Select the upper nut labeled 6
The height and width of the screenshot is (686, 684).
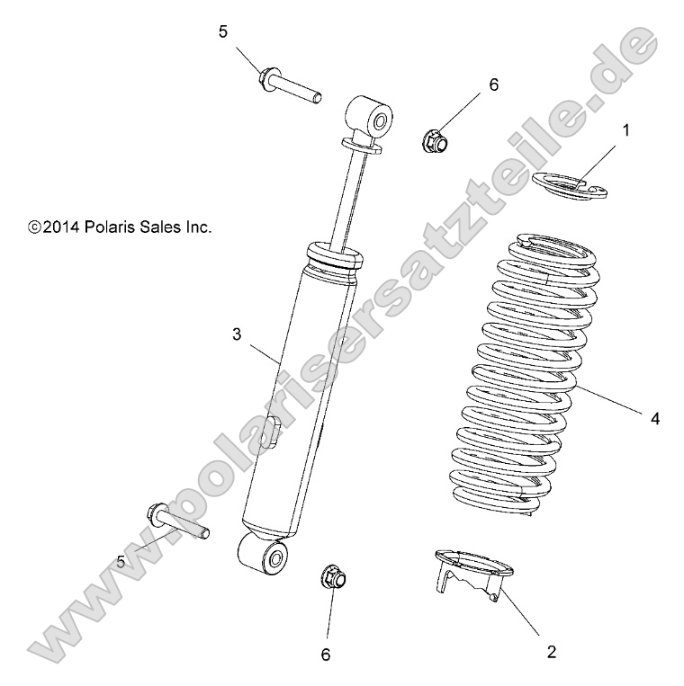pyautogui.click(x=434, y=140)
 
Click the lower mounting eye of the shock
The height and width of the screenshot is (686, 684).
pyautogui.click(x=265, y=554)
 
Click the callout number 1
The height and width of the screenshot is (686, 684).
pyautogui.click(x=625, y=129)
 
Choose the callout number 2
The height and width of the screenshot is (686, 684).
pyautogui.click(x=552, y=651)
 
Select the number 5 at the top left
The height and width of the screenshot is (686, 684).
pyautogui.click(x=223, y=32)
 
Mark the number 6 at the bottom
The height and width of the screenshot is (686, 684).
pyautogui.click(x=326, y=655)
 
